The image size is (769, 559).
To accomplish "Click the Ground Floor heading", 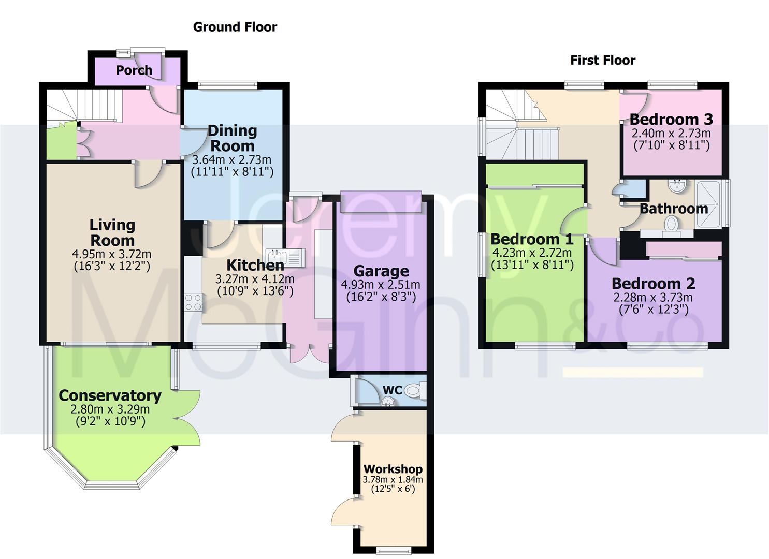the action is (x=235, y=27).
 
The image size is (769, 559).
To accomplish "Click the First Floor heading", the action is (x=602, y=61).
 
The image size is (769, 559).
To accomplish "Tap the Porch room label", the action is (x=134, y=70).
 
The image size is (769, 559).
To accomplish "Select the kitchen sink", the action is (x=285, y=257).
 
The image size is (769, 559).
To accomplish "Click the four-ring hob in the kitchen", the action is (x=193, y=302).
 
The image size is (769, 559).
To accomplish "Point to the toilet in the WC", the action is (x=415, y=390).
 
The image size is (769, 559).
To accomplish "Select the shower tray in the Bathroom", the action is (x=708, y=204).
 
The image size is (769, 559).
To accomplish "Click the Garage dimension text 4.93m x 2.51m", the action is (x=381, y=285).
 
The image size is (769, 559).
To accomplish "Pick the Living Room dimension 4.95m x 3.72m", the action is (x=111, y=254).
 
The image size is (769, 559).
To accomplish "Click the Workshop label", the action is (x=393, y=469).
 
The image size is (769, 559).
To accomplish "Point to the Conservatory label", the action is (x=110, y=395).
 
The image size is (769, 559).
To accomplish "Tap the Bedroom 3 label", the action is (x=671, y=120).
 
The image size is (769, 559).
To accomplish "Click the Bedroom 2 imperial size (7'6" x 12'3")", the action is (x=654, y=310).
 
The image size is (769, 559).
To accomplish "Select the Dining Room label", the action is (x=233, y=138).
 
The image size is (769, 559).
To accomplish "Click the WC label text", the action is (x=392, y=390).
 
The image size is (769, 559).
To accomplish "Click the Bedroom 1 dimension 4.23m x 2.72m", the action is (x=532, y=253).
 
